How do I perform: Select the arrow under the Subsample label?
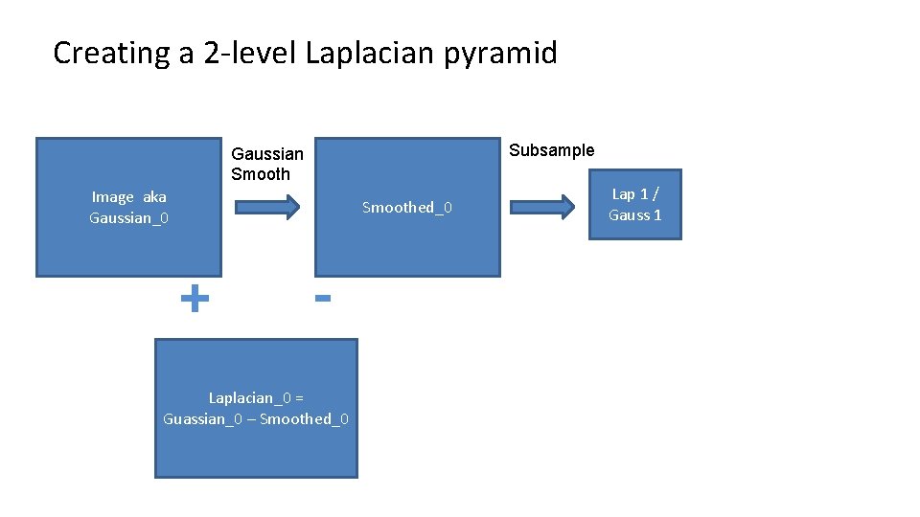(542, 208)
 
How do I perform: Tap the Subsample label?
(551, 150)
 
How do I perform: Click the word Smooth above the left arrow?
(260, 174)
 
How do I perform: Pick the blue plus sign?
(195, 299)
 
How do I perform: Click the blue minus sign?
(323, 299)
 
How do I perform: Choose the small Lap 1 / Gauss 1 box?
(635, 205)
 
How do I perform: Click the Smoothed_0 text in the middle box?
(407, 208)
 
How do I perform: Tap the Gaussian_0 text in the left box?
(128, 218)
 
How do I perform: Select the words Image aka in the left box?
(128, 197)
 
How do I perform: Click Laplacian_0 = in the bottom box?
(256, 397)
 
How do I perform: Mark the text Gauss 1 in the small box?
(635, 215)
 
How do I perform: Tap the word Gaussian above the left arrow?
(267, 154)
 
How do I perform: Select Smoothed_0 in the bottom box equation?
(304, 419)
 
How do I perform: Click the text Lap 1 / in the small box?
(635, 194)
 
